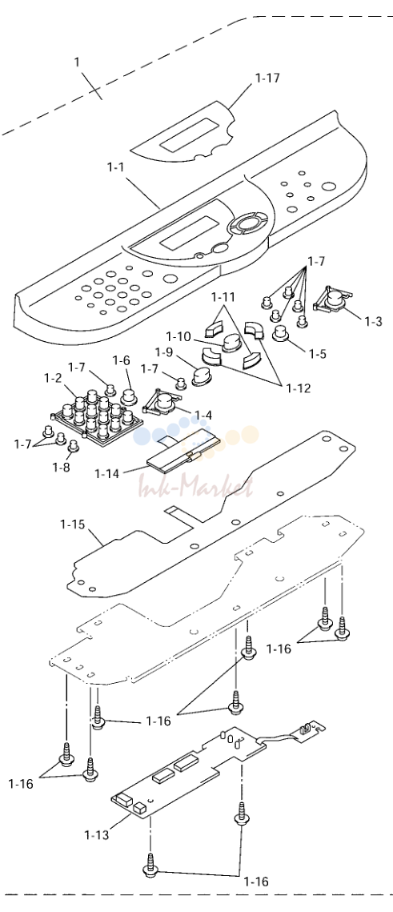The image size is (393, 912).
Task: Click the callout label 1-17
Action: click(x=267, y=78)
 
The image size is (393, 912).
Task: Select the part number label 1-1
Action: click(x=116, y=167)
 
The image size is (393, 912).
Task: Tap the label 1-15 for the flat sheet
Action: click(x=72, y=524)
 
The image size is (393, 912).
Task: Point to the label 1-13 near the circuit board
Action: click(x=97, y=835)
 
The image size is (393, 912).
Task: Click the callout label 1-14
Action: click(x=106, y=473)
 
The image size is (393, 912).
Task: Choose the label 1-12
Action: click(x=299, y=388)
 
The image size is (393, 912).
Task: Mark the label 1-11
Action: click(x=223, y=297)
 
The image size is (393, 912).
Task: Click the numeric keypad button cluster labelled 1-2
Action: click(x=97, y=413)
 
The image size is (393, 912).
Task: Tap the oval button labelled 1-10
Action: click(x=231, y=344)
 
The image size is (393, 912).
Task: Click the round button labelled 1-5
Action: click(x=282, y=334)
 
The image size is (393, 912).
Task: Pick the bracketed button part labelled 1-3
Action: click(x=332, y=301)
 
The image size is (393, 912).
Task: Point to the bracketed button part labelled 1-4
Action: click(x=162, y=404)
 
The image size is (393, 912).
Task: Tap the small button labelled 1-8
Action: click(x=74, y=447)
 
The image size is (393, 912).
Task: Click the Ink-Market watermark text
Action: click(x=195, y=486)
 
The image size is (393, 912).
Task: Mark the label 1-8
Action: click(x=61, y=467)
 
